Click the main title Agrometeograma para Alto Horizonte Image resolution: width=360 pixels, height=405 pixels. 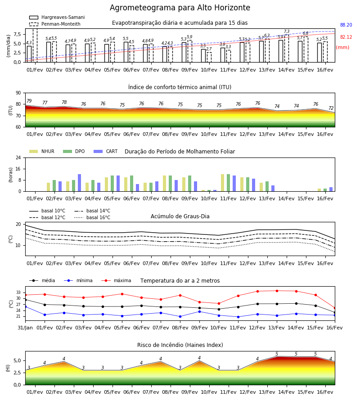[x=180, y=8]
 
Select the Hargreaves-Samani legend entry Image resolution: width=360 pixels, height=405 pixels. [x=57, y=17]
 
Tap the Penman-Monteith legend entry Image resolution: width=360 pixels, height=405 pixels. [x=55, y=24]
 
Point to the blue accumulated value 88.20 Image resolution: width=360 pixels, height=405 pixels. [x=346, y=25]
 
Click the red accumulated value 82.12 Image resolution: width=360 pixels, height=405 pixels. [x=346, y=37]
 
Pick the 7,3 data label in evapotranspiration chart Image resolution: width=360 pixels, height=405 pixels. [x=287, y=31]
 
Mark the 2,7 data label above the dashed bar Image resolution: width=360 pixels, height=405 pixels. [x=209, y=49]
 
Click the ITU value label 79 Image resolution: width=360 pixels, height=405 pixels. [x=29, y=101]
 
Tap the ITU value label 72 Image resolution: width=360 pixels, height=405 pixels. [x=331, y=108]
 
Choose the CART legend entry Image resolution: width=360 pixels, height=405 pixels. [x=106, y=151]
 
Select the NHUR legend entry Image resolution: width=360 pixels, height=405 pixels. [x=42, y=151]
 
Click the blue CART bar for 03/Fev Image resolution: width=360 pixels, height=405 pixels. [x=80, y=183]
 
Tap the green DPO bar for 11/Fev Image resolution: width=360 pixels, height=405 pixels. [x=228, y=183]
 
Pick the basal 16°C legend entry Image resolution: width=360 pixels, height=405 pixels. [x=92, y=217]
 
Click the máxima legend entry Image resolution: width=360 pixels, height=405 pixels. [x=116, y=280]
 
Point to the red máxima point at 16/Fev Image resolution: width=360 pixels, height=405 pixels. [x=335, y=308]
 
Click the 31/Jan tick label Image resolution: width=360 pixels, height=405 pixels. [x=25, y=328]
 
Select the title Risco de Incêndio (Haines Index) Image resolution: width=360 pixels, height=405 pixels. [x=180, y=345]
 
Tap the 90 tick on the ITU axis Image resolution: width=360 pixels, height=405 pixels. [x=18, y=93]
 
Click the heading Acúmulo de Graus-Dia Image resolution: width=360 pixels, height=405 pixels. [x=180, y=216]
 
